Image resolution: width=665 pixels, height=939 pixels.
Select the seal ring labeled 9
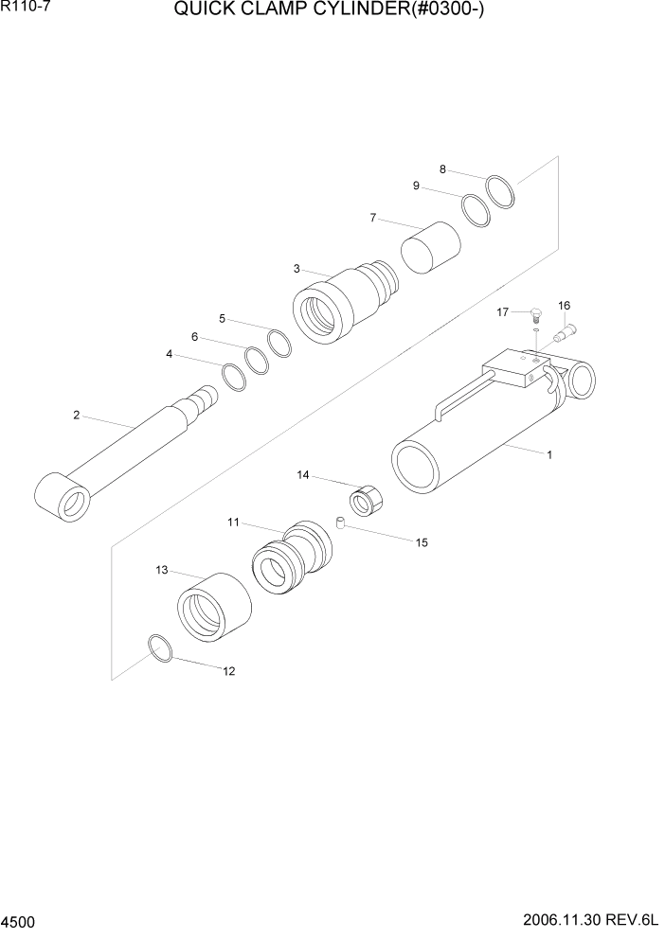point(476,210)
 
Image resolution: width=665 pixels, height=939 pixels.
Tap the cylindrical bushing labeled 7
point(430,247)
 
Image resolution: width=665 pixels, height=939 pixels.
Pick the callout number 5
point(223,318)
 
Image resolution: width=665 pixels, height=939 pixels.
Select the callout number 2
point(76,414)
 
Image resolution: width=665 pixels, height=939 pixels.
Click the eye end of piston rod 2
point(62,497)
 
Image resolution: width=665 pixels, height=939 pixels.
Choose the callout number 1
point(548,454)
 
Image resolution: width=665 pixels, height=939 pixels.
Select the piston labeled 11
point(292,562)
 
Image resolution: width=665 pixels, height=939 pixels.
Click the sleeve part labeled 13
point(214,609)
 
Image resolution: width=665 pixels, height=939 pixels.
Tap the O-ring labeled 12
point(160,649)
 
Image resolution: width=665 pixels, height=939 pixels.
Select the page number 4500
point(18,921)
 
